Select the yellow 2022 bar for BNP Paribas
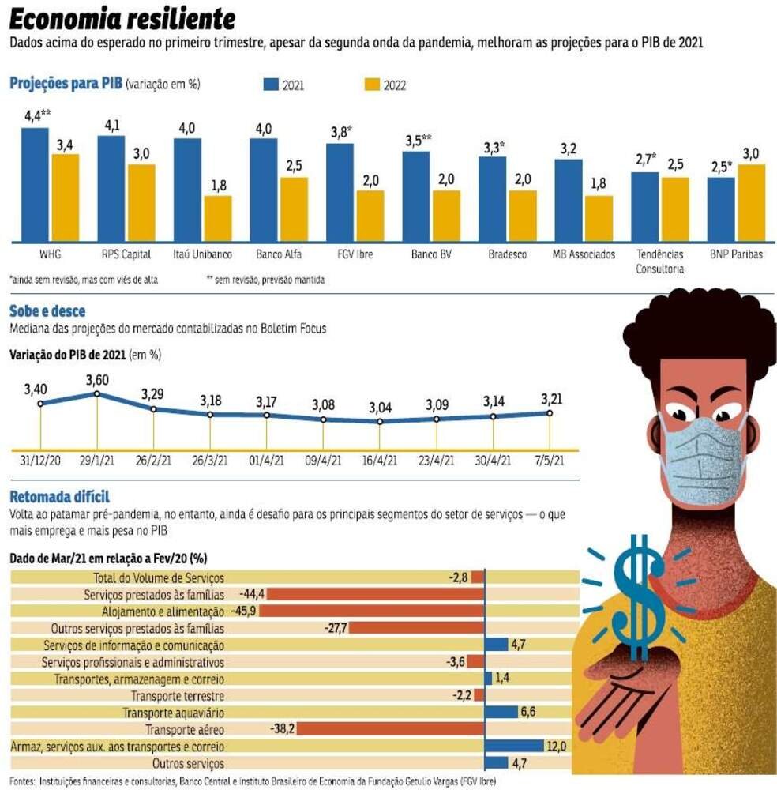(752, 203)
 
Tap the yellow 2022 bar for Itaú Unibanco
(218, 219)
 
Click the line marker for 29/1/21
(97, 393)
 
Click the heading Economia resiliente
(122, 18)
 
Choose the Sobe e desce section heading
(47, 311)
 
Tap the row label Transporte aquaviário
(174, 713)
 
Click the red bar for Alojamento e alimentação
(371, 611)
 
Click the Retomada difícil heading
(58, 497)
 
